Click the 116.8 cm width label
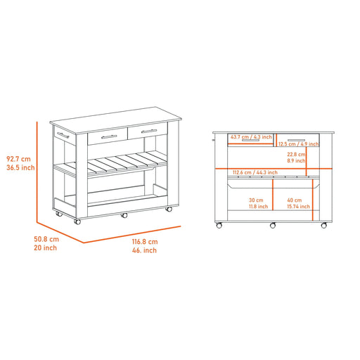(x=146, y=242)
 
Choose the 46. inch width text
(x=146, y=251)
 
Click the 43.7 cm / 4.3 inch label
(x=250, y=136)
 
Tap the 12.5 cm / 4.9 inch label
(x=298, y=143)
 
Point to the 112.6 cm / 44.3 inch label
(x=256, y=172)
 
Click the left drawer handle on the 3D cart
(x=108, y=136)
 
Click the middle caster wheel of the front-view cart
(x=272, y=226)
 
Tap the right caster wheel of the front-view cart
(x=324, y=226)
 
